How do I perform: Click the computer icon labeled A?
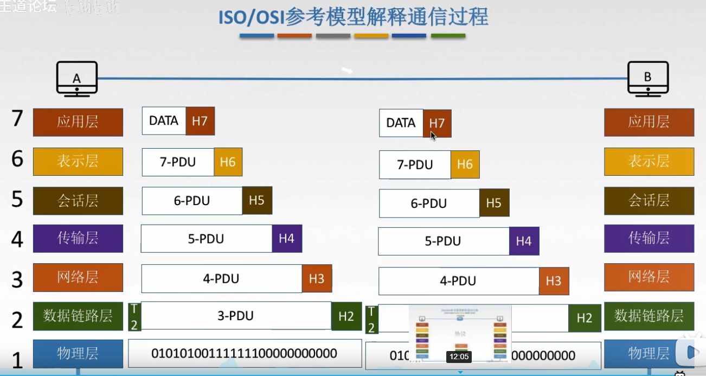pyautogui.click(x=77, y=79)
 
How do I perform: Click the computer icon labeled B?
pyautogui.click(x=648, y=79)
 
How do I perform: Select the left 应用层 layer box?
pyautogui.click(x=78, y=122)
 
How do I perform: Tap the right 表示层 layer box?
pyautogui.click(x=649, y=161)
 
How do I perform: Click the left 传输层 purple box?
pyautogui.click(x=78, y=238)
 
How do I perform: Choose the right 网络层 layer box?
pyautogui.click(x=649, y=277)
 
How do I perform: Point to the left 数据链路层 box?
pyautogui.click(x=78, y=316)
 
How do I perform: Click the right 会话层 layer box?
pyautogui.click(x=649, y=201)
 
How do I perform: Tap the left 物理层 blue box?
pyautogui.click(x=78, y=354)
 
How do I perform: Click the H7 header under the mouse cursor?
pyautogui.click(x=437, y=123)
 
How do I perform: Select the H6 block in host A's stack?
pyautogui.click(x=228, y=162)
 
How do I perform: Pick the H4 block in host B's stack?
pyautogui.click(x=524, y=241)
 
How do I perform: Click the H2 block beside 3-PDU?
pyautogui.click(x=346, y=316)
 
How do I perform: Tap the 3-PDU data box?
pyautogui.click(x=236, y=316)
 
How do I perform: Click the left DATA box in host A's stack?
pyautogui.click(x=164, y=120)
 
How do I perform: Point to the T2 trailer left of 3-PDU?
pyautogui.click(x=134, y=316)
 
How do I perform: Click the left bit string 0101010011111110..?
pyautogui.click(x=244, y=354)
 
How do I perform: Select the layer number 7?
pyautogui.click(x=17, y=119)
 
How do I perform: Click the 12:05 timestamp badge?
pyautogui.click(x=458, y=356)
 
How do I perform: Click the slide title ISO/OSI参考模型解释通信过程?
pyautogui.click(x=353, y=17)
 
